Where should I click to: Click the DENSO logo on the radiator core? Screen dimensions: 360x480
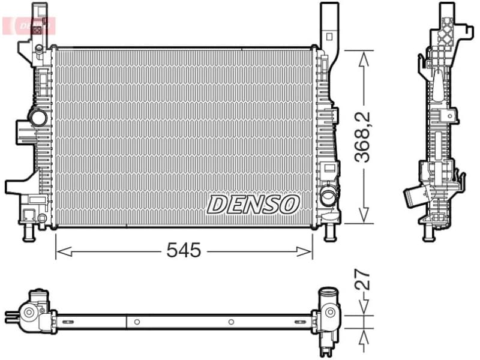tap(253, 204)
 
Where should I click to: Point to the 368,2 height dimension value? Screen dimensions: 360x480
tap(362, 137)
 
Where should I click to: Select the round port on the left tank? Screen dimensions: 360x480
tap(38, 118)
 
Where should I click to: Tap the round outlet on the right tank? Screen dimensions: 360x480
tap(328, 195)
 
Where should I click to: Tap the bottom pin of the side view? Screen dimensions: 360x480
tap(428, 234)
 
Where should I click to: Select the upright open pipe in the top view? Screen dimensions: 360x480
tap(328, 295)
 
